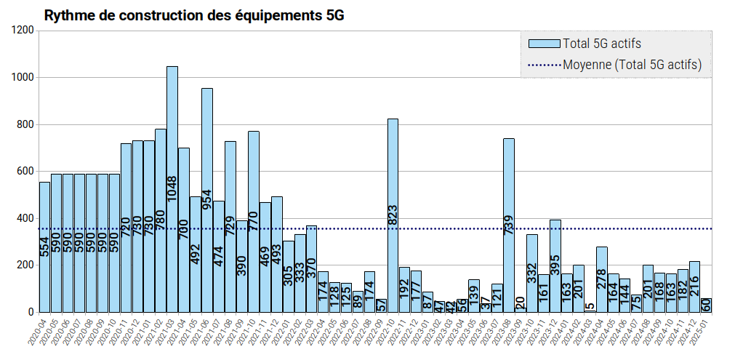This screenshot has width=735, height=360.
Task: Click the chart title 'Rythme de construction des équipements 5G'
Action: click(x=194, y=15)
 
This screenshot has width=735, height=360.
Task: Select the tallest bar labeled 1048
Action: click(x=172, y=189)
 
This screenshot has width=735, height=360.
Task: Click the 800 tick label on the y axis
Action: click(x=26, y=124)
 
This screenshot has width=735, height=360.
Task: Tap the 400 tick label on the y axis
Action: click(x=26, y=218)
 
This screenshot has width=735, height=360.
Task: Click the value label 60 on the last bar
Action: click(x=706, y=305)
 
